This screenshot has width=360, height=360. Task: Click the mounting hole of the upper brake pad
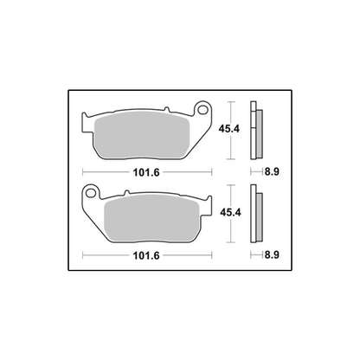click(203, 109)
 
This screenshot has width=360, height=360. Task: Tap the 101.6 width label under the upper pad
click(146, 172)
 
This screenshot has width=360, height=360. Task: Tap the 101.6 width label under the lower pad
click(146, 255)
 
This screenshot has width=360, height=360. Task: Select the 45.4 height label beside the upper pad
click(229, 129)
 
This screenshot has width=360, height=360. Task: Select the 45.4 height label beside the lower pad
click(230, 213)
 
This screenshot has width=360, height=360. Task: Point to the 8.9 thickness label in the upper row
click(272, 172)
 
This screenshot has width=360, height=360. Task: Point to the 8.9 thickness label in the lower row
click(272, 255)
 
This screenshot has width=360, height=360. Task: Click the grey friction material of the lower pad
click(152, 218)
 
